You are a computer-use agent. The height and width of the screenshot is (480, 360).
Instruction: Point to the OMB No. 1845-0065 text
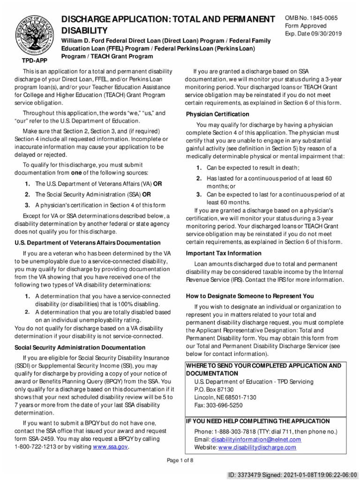tap(311, 18)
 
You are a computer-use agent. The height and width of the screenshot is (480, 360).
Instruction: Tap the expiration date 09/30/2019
tap(325, 34)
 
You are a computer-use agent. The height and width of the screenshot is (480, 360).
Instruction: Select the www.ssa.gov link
tap(110, 447)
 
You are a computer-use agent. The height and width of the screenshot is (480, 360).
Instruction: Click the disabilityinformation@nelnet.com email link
tap(256, 440)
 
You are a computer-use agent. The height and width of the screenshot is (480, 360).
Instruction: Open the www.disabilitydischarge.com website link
tap(257, 448)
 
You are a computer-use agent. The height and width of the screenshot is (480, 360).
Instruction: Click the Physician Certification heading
tap(217, 114)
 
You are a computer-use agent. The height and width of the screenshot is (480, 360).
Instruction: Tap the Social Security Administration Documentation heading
tap(80, 348)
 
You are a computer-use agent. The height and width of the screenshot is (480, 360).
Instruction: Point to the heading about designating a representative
tap(250, 296)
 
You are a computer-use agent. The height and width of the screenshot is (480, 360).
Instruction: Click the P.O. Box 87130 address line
tap(214, 390)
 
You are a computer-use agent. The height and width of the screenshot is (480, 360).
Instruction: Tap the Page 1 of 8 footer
tap(180, 460)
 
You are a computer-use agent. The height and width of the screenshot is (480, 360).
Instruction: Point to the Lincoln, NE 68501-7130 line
tap(225, 397)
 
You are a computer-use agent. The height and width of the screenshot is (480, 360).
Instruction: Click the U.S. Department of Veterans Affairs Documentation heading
tap(88, 243)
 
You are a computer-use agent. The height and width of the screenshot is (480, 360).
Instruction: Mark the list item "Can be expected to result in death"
tap(253, 168)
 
